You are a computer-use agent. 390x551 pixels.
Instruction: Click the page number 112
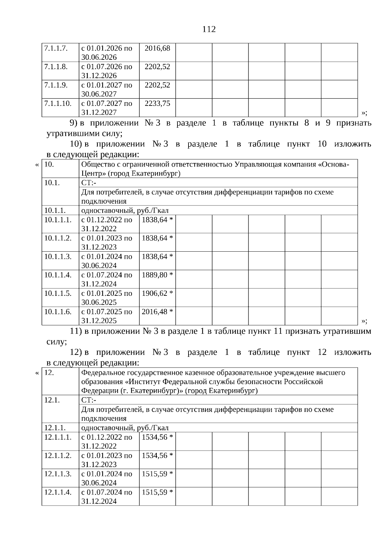click(x=209, y=30)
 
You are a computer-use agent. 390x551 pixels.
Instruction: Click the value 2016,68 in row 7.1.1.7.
click(x=157, y=48)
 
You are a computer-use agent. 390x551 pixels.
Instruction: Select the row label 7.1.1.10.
click(x=58, y=104)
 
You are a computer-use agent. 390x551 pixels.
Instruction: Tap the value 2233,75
click(x=157, y=104)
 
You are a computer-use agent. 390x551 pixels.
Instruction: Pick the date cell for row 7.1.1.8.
click(x=107, y=71)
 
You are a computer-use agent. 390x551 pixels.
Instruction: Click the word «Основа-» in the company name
click(x=333, y=164)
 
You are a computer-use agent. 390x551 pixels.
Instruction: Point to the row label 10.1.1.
click(x=55, y=210)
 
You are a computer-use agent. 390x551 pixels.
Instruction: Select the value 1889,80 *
click(x=157, y=275)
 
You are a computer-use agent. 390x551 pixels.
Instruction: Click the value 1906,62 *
click(x=157, y=294)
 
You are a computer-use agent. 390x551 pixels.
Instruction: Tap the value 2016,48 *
click(x=157, y=312)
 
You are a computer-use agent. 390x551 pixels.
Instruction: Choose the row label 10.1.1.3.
click(x=58, y=257)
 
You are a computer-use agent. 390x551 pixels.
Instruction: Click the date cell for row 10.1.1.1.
click(x=107, y=224)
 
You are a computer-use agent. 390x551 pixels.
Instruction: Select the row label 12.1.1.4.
click(x=58, y=492)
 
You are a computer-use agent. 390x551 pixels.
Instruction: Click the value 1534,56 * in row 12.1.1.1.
click(x=157, y=437)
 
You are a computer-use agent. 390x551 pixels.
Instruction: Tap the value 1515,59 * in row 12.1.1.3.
click(x=157, y=474)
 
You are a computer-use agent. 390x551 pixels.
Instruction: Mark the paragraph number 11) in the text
click(x=76, y=332)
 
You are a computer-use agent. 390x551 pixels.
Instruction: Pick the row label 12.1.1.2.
click(x=58, y=456)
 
